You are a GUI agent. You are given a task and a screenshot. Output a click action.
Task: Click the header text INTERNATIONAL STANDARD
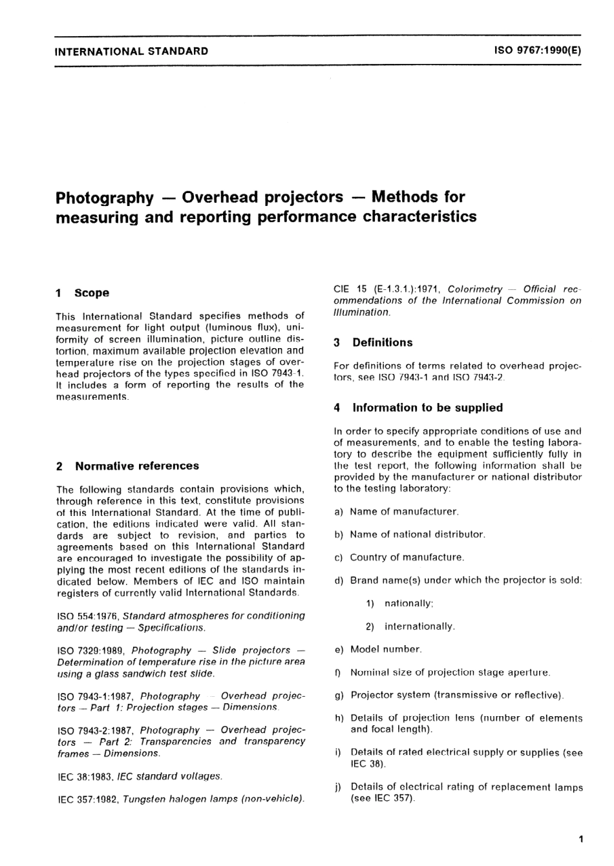pyautogui.click(x=132, y=51)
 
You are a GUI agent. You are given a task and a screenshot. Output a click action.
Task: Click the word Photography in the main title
pyautogui.click(x=105, y=197)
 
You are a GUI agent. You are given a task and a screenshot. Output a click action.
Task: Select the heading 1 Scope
pyautogui.click(x=83, y=293)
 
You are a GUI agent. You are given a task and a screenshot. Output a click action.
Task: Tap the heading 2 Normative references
pyautogui.click(x=128, y=466)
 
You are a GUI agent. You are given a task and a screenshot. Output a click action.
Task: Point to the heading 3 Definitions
pyautogui.click(x=373, y=343)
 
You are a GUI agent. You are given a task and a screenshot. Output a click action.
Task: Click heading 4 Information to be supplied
pyautogui.click(x=418, y=408)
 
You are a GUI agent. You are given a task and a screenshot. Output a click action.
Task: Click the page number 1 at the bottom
pyautogui.click(x=581, y=840)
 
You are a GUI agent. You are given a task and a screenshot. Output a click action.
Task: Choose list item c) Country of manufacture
pyautogui.click(x=399, y=557)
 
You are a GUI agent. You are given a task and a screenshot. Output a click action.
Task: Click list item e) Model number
pyautogui.click(x=378, y=649)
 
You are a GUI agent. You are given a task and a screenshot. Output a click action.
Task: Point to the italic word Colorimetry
pyautogui.click(x=474, y=289)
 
